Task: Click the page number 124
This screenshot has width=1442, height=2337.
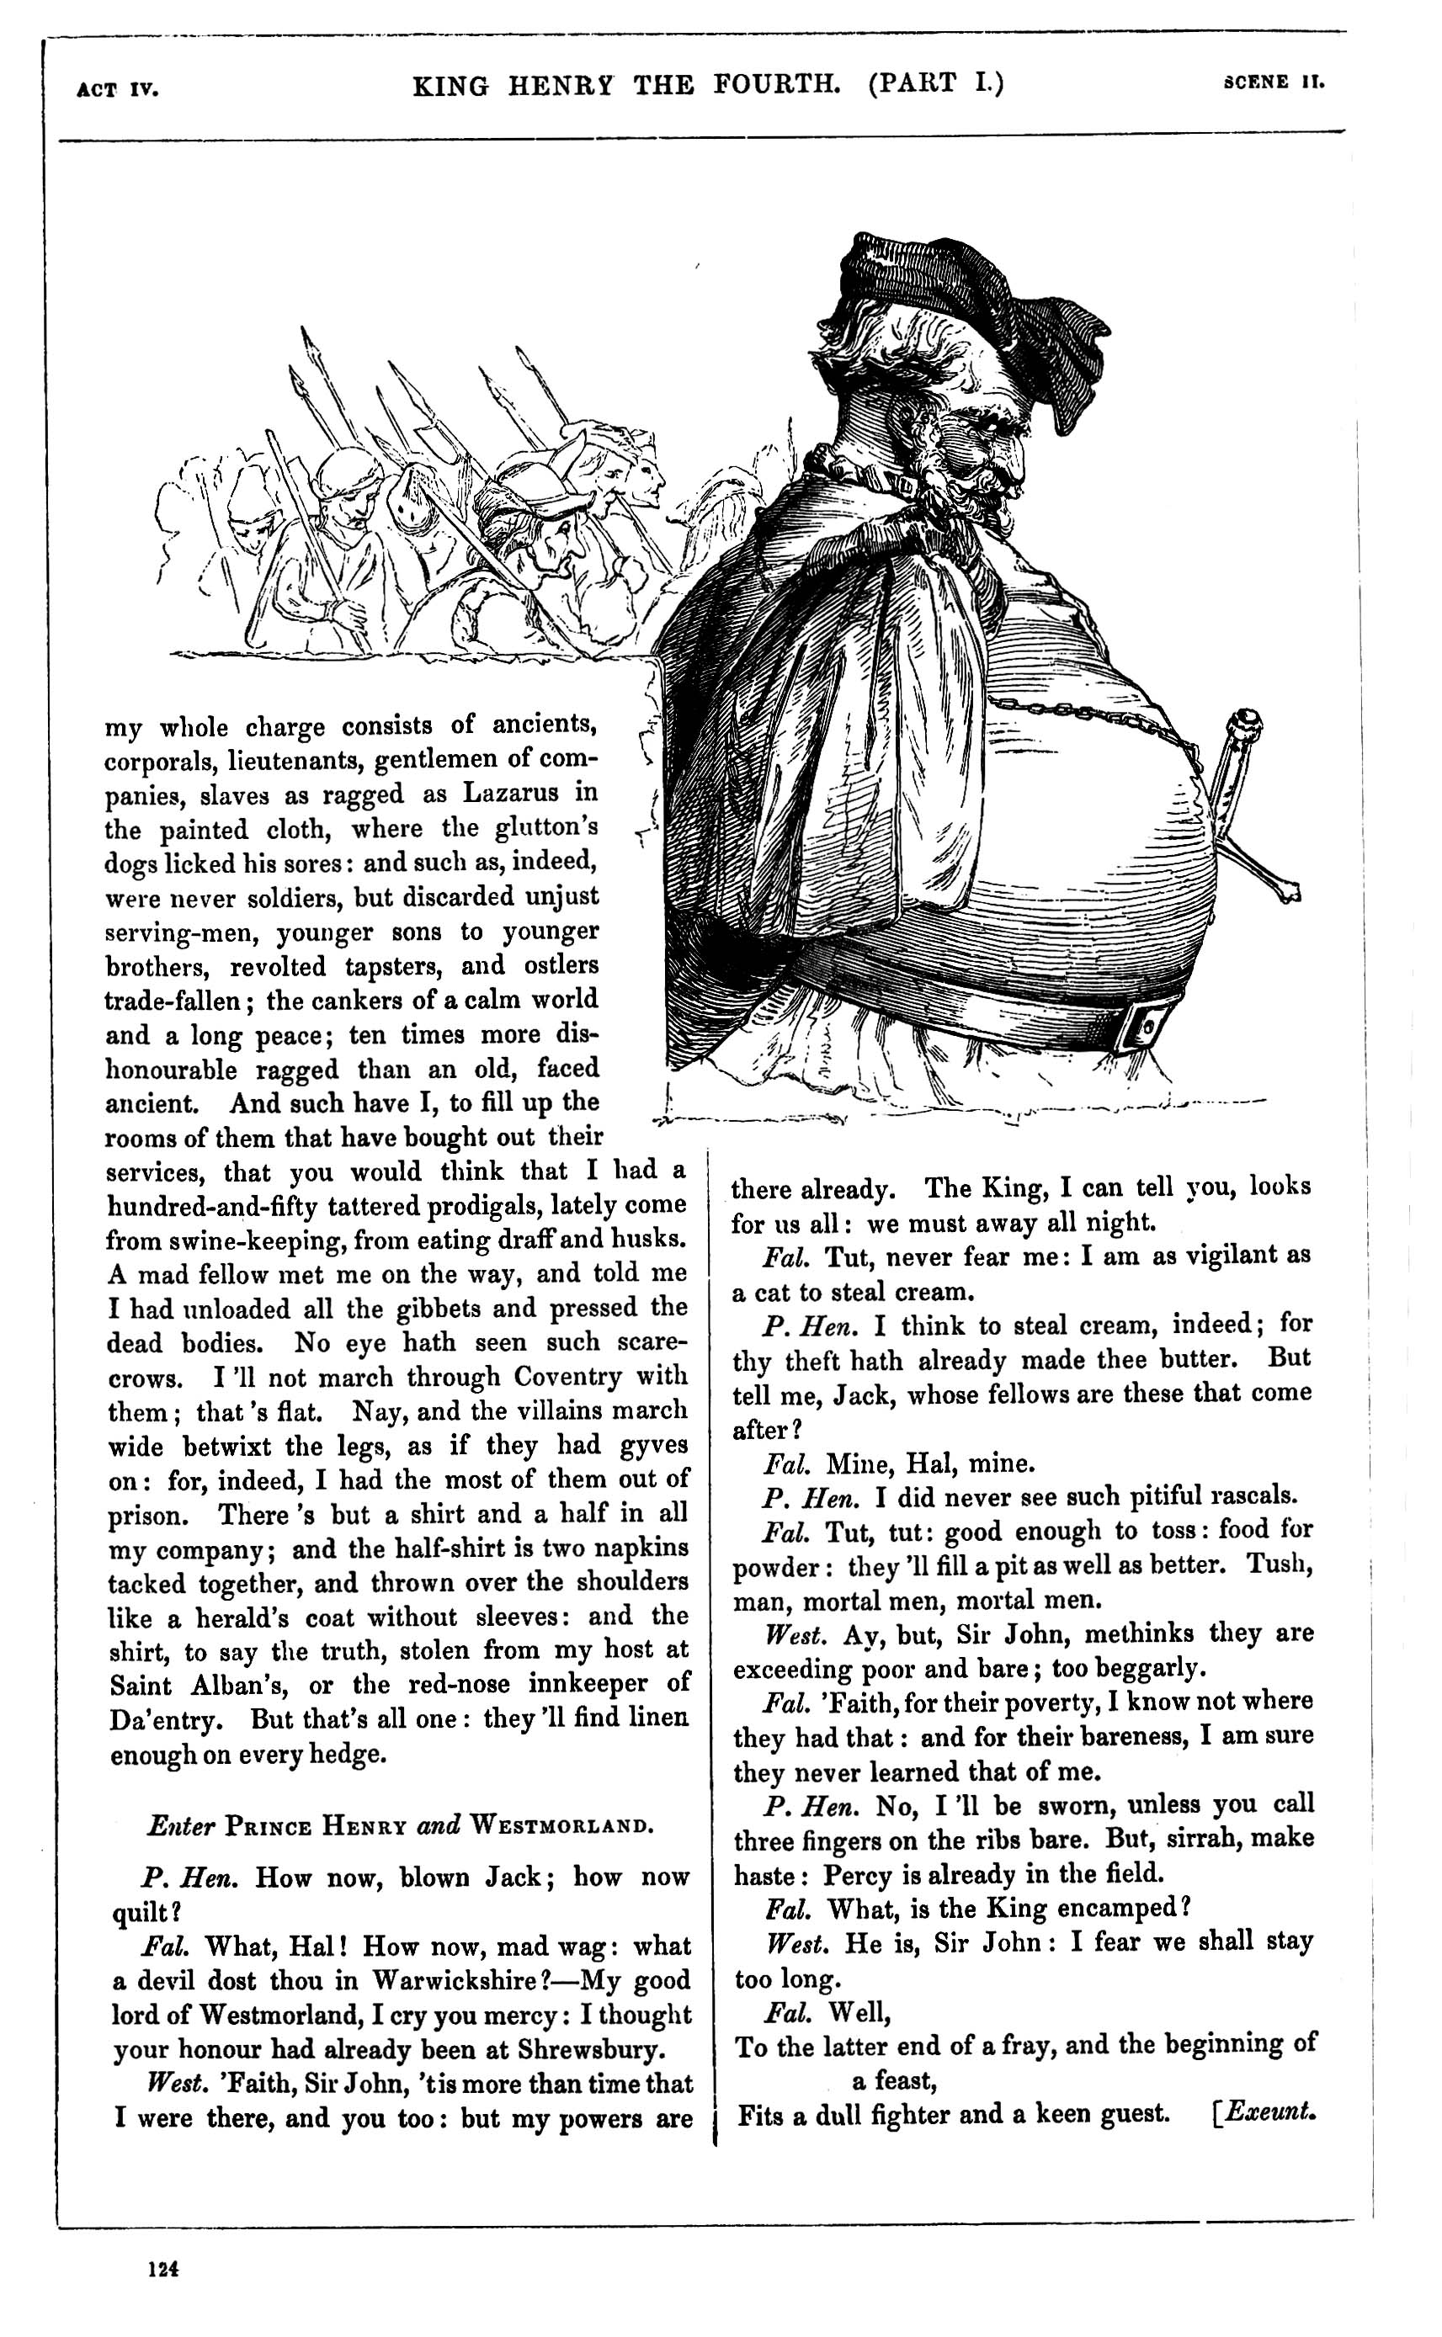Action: point(163,2270)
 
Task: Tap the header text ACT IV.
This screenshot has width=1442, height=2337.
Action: point(117,91)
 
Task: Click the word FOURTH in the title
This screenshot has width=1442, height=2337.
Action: point(776,85)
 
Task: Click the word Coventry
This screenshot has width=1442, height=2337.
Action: point(568,1377)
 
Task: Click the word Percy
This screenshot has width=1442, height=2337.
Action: point(859,1874)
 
